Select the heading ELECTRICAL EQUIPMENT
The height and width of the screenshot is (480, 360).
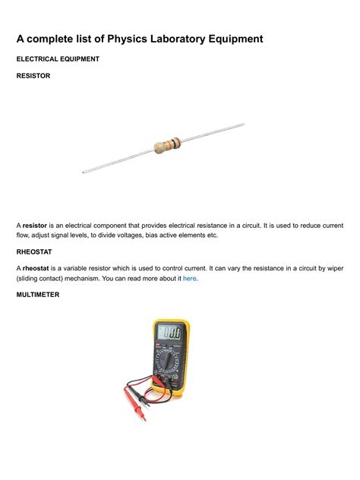pos(58,58)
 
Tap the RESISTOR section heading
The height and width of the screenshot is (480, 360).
pos(33,76)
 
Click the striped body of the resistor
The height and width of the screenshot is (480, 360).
pos(166,144)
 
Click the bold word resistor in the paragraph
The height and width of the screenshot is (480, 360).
pos(35,226)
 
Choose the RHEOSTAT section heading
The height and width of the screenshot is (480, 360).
pos(35,251)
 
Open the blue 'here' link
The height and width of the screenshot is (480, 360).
pos(189,279)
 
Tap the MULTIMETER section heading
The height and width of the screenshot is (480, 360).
pos(39,294)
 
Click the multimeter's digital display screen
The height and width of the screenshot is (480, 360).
pos(172,333)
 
